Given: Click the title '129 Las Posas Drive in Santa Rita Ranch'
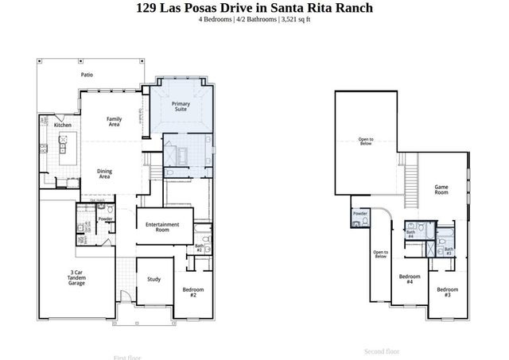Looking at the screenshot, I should click(x=254, y=8).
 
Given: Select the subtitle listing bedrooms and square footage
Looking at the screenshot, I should click(x=254, y=20).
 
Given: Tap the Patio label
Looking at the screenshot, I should click(x=87, y=75).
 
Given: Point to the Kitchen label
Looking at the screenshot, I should click(x=63, y=126).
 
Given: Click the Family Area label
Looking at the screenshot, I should click(x=114, y=122).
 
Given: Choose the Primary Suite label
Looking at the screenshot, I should click(x=181, y=106).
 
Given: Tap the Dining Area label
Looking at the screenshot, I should click(x=104, y=173).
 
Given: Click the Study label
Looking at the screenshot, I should click(x=154, y=279).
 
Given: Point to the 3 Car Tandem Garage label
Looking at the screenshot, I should click(x=76, y=277).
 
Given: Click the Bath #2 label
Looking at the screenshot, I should click(x=200, y=248).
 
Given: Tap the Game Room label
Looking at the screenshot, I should click(x=441, y=190).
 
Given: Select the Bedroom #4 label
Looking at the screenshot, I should click(x=409, y=279).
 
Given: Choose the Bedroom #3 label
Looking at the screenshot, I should click(x=447, y=292).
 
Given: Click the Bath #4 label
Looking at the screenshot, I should click(x=410, y=234).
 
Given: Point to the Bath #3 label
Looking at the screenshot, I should click(x=449, y=251).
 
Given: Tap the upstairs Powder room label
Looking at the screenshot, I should click(x=359, y=214).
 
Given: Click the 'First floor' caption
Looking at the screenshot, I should click(x=129, y=358).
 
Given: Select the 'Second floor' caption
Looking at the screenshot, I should click(x=382, y=351).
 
